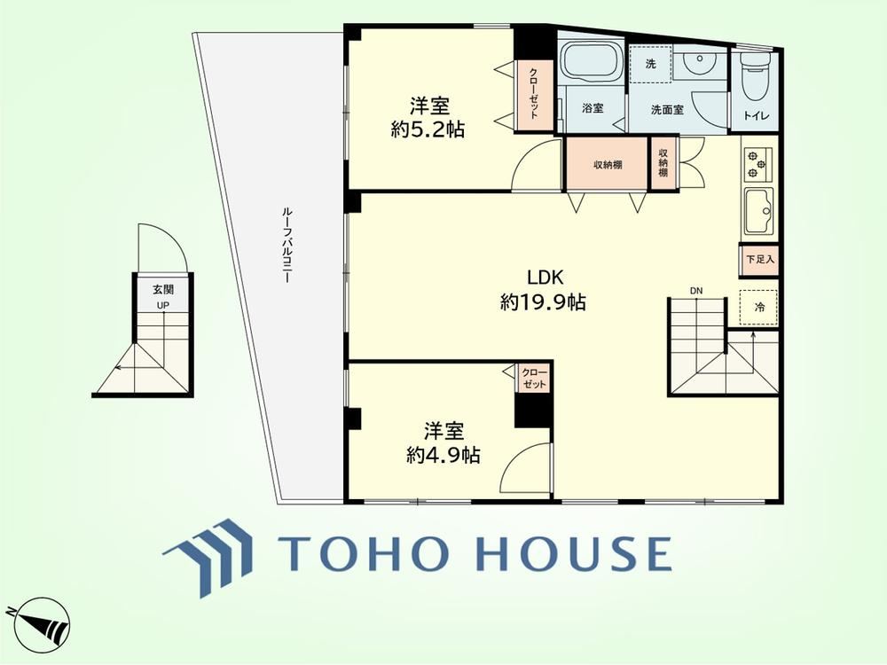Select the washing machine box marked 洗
tap(650, 63)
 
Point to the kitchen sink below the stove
tap(758, 210)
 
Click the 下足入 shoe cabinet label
tap(760, 260)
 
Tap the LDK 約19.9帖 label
tap(543, 290)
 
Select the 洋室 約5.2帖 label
tap(428, 118)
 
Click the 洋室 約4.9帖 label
tap(443, 442)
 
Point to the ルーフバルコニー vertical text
tap(287, 245)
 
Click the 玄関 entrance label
tap(163, 290)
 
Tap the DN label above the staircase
tap(695, 291)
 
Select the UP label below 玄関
tap(163, 305)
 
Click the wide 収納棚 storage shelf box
tap(608, 165)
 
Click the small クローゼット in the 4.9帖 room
tap(533, 378)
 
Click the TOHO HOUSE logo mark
tap(208, 557)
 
